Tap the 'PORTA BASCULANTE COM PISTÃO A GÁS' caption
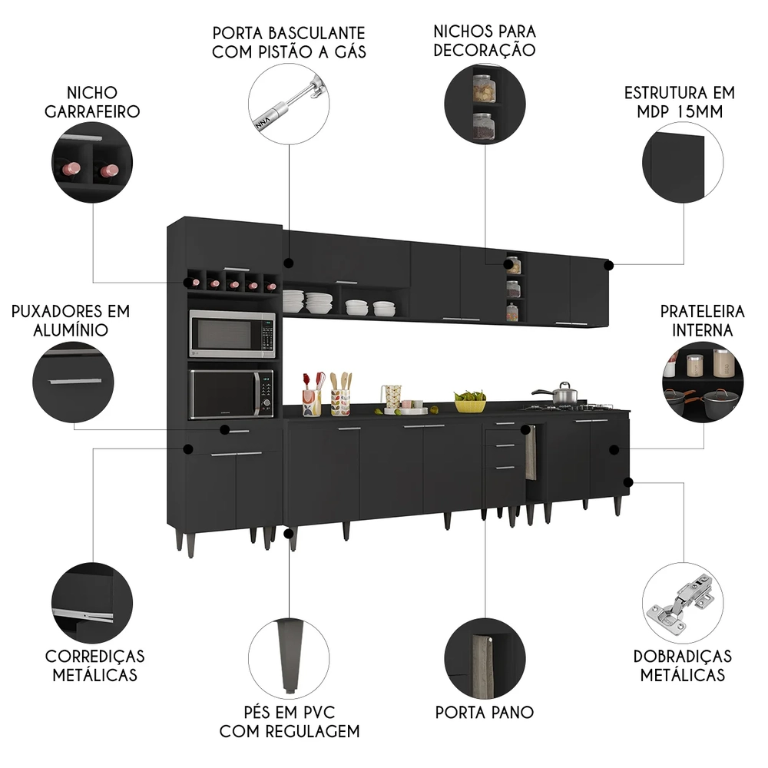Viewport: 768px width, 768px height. [289, 43]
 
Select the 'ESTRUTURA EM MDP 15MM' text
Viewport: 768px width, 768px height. [679, 101]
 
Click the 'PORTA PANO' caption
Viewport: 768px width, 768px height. [484, 712]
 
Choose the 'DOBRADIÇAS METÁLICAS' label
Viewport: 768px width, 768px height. [682, 665]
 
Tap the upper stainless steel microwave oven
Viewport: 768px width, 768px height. [232, 333]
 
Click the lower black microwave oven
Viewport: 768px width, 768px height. [232, 393]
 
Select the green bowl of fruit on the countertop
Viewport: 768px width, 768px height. [470, 401]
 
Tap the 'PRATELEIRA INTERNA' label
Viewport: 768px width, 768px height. [702, 320]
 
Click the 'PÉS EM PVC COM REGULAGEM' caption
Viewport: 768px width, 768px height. [290, 720]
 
